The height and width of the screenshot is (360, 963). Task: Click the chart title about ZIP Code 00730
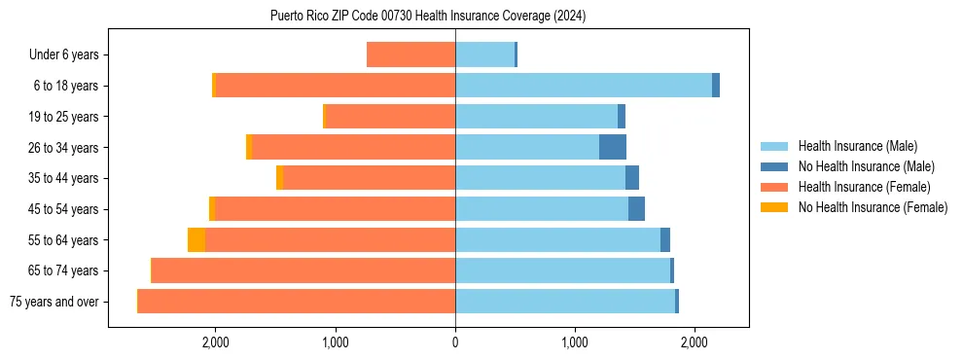[428, 16]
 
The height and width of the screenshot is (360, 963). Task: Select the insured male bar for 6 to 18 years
[584, 86]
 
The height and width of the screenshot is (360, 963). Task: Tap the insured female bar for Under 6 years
[410, 54]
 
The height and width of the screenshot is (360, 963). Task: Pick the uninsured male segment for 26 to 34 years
[613, 147]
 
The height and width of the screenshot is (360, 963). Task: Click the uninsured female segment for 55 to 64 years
[196, 239]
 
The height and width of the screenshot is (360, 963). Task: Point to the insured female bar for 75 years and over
[297, 302]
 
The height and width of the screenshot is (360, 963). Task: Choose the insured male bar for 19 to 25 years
[536, 117]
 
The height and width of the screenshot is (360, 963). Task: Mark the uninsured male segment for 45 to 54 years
[636, 208]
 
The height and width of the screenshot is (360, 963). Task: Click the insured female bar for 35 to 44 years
[370, 178]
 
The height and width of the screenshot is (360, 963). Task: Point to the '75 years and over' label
[54, 303]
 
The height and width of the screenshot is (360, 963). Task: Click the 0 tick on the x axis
[455, 342]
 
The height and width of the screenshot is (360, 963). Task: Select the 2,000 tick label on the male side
[695, 342]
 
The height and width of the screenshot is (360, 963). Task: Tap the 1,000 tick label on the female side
[335, 342]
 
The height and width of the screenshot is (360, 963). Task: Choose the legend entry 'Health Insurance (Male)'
[857, 146]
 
